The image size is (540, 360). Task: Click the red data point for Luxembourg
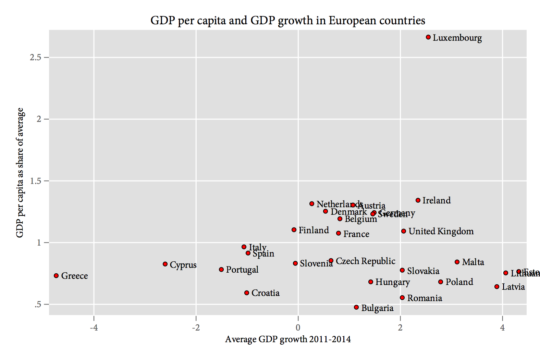(428, 37)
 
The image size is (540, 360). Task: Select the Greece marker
(56, 276)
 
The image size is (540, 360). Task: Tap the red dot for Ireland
(418, 200)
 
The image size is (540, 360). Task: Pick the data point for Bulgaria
(356, 307)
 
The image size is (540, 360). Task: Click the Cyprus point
(165, 264)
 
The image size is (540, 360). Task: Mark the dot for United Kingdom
(404, 231)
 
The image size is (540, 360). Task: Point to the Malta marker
(457, 262)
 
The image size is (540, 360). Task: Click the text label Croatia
(265, 293)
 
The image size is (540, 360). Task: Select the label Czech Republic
(365, 261)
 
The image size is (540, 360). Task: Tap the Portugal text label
(242, 270)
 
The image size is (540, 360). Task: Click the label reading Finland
(314, 230)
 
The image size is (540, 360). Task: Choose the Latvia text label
(513, 287)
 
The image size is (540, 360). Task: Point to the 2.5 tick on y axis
(35, 58)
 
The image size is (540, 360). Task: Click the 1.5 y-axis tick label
(35, 181)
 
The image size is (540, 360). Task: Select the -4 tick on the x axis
(94, 328)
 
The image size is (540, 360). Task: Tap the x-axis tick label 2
(400, 328)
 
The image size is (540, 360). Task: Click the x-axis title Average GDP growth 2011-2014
(288, 339)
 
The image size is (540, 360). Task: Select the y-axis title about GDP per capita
(20, 173)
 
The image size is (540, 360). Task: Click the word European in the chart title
(348, 21)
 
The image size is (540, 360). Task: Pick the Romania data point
(402, 298)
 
